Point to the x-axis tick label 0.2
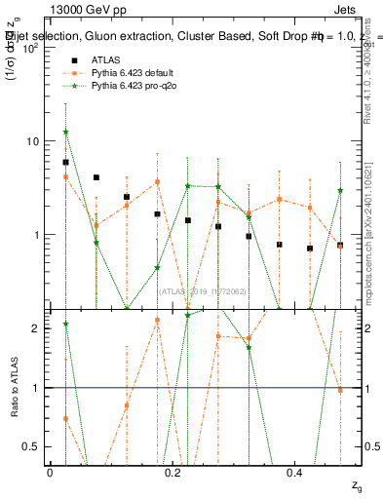tap(172, 471)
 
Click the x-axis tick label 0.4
tap(294, 471)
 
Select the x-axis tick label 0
tap(50, 471)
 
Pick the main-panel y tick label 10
tap(29, 141)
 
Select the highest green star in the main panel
tap(65, 132)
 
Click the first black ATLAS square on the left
tap(65, 163)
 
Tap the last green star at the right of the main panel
tap(340, 191)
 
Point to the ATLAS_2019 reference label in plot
tap(203, 290)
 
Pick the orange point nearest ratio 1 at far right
tap(340, 390)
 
